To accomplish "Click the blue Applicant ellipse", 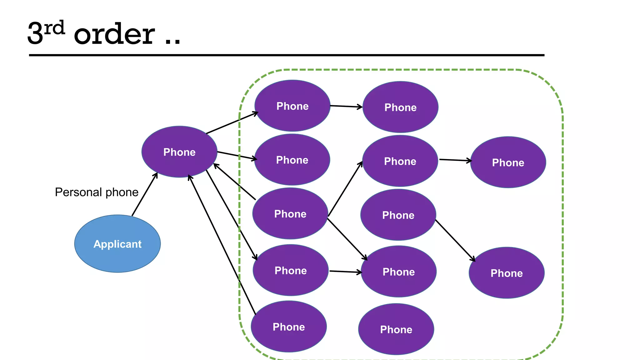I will tap(117, 244).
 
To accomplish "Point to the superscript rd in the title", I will tap(54, 28).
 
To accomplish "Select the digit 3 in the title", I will tap(35, 34).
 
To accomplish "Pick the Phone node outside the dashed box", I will tap(179, 152).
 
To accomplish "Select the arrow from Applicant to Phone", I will tap(144, 194).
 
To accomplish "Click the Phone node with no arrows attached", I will tap(396, 329).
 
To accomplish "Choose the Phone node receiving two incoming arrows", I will tap(398, 272).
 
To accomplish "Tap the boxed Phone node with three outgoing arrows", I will tap(290, 214).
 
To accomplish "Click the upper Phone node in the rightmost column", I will tap(508, 162).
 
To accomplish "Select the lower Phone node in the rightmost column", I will tap(506, 273).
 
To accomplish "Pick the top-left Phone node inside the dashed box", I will tap(292, 106).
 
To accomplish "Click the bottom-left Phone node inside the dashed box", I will tap(288, 327).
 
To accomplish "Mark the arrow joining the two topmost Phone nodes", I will tap(346, 107).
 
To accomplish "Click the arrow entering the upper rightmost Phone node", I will tap(455, 160).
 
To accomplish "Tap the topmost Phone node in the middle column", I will tap(400, 107).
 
